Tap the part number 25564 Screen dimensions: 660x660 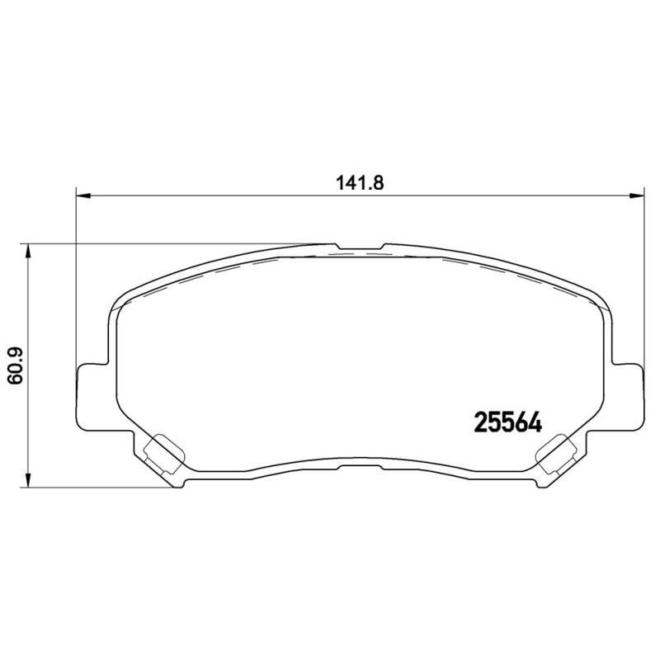point(507,422)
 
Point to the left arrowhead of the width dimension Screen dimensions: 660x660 point(82,196)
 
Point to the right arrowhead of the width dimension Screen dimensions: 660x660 point(637,196)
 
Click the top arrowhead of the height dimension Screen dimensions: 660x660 point(30,250)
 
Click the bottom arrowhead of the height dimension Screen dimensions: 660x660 point(30,481)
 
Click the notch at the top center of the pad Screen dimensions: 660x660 point(360,248)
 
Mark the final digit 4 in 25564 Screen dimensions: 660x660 point(534,422)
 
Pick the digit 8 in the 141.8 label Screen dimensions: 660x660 point(380,183)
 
